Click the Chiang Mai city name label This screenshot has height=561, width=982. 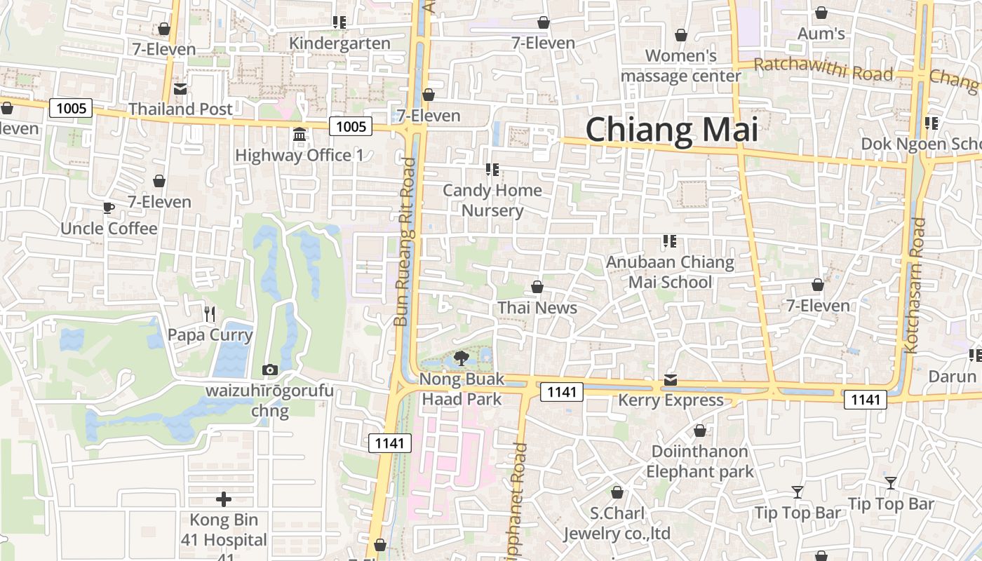(671, 131)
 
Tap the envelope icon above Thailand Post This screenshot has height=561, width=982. (180, 89)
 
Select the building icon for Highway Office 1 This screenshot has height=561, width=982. (300, 134)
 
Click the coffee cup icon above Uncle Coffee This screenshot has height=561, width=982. (109, 208)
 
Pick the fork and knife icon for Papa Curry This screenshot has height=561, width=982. (209, 313)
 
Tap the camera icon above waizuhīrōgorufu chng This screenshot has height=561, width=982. (269, 370)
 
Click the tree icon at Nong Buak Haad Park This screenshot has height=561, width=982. (462, 358)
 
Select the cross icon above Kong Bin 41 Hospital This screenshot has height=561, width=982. (224, 499)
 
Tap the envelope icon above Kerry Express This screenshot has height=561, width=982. (671, 380)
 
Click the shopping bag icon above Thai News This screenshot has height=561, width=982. (537, 287)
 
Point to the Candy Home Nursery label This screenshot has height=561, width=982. (492, 201)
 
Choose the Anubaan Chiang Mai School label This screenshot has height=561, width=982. (670, 272)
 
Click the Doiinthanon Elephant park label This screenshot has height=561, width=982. (699, 461)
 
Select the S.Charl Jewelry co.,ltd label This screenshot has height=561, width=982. (617, 523)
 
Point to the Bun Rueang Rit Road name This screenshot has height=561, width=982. (404, 242)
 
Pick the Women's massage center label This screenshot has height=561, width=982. (680, 65)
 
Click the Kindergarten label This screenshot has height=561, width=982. (339, 43)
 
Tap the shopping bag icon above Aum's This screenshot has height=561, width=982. (821, 13)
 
